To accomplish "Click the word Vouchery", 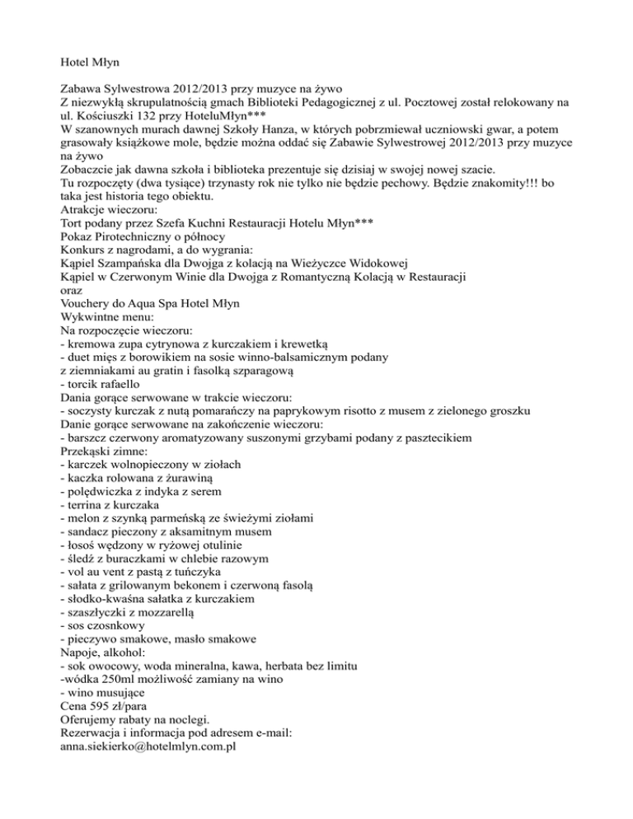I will pos(91,304).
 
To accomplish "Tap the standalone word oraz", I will pos(73,289).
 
